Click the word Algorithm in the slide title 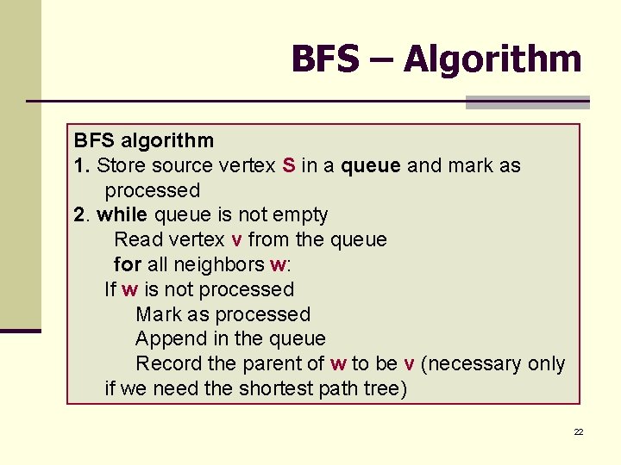(x=492, y=59)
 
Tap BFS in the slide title (x=325, y=59)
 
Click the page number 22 (x=579, y=431)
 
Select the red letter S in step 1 (x=289, y=165)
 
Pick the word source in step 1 (x=180, y=165)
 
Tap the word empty (x=300, y=214)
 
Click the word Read (x=137, y=239)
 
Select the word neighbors (x=222, y=264)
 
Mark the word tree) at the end (x=385, y=388)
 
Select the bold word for (x=127, y=264)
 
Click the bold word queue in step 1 (x=371, y=165)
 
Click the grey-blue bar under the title (x=527, y=102)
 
